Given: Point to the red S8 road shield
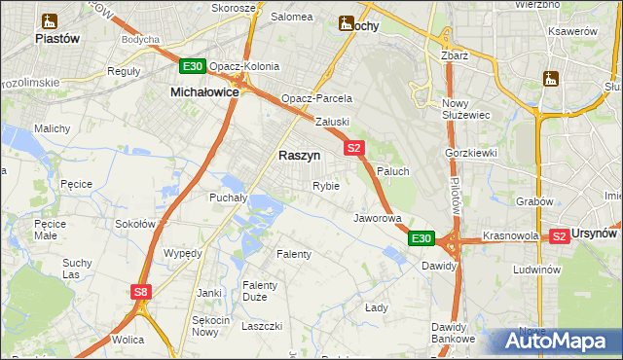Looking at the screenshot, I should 142,291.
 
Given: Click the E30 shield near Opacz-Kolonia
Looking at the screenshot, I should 192,66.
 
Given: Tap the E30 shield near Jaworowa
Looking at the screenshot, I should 420,238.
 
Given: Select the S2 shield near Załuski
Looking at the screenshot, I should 353,148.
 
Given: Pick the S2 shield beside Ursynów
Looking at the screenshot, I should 559,235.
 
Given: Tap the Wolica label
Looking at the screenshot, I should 128,340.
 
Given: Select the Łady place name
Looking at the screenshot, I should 377,307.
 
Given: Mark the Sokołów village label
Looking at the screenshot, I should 135,223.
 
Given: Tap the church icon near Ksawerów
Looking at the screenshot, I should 553,78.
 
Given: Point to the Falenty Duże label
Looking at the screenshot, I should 261,291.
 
